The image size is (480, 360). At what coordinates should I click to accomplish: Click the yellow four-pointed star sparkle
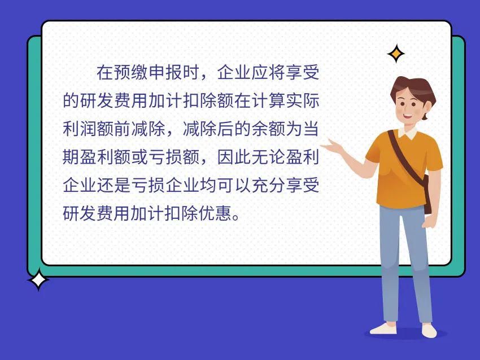click(396, 54)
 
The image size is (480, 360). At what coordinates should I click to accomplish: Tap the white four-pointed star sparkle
click(38, 279)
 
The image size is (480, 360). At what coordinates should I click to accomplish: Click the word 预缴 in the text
click(132, 72)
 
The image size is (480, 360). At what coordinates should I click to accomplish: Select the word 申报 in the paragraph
click(165, 72)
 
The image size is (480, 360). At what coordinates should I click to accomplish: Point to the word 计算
click(268, 100)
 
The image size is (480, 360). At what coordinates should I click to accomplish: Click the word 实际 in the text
click(303, 100)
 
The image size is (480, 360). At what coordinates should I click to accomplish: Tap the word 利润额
click(89, 129)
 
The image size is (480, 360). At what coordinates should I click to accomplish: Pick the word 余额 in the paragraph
click(268, 129)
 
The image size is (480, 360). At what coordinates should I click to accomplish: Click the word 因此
click(234, 157)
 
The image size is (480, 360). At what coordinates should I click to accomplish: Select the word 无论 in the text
click(268, 157)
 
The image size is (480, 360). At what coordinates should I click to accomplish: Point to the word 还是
click(114, 185)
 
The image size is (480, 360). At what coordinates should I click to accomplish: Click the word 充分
click(268, 185)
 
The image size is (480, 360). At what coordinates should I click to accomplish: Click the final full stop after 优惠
click(236, 218)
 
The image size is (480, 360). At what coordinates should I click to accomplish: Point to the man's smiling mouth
click(408, 116)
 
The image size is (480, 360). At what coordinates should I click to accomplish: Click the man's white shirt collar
click(408, 132)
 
